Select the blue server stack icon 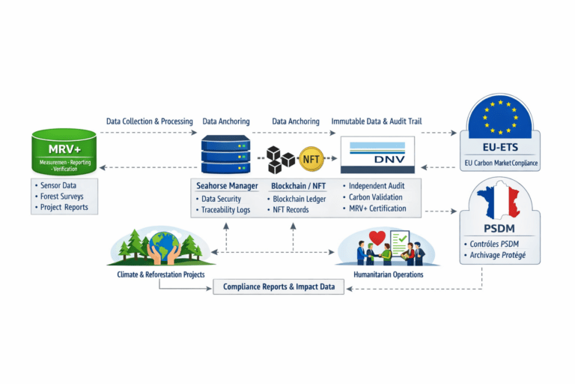coord(226,154)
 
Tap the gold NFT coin coord(310,158)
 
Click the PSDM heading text coord(499,229)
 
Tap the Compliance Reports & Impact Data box coord(279,286)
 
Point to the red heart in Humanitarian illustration coord(377,238)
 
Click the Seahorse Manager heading coord(227,185)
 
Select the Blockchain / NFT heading coord(299,185)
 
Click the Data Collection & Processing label coord(150,121)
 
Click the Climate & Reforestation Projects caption coord(161,275)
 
